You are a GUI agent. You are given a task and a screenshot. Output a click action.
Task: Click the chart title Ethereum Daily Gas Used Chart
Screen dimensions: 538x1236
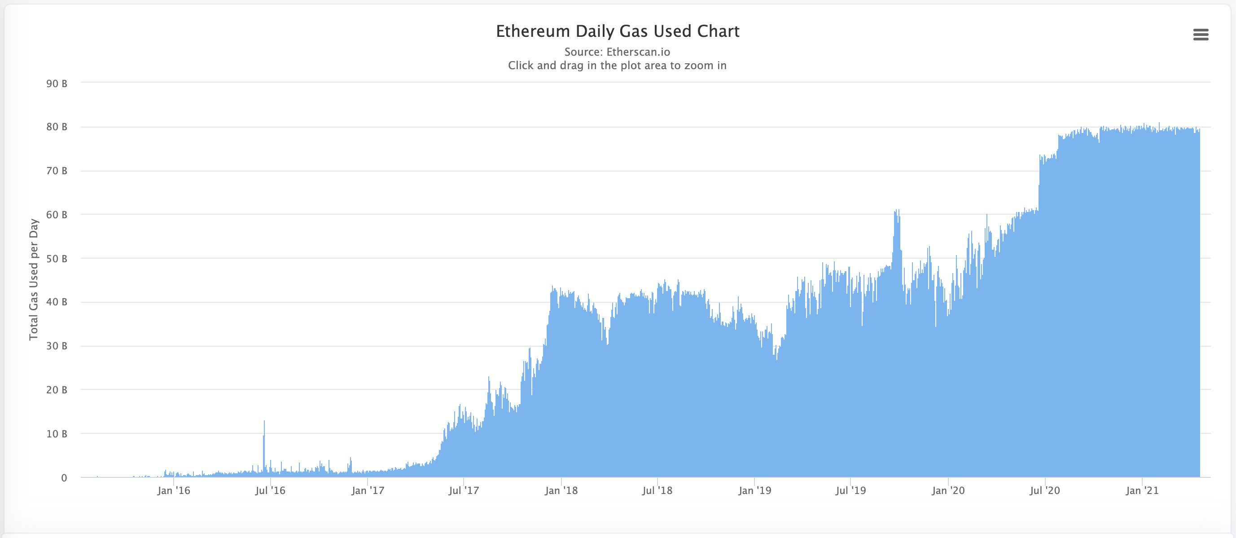(618, 31)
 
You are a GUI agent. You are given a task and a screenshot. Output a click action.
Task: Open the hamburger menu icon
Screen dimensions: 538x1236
(1201, 35)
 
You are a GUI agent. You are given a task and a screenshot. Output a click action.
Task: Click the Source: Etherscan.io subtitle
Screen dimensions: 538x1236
(617, 52)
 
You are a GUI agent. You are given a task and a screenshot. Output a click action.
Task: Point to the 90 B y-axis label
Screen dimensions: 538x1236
(57, 84)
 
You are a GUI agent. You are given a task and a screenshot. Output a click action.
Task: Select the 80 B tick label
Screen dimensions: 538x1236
(57, 127)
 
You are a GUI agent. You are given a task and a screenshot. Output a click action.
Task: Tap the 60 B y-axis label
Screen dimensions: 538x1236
(57, 215)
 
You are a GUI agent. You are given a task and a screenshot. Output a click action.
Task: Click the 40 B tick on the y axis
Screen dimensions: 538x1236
(57, 302)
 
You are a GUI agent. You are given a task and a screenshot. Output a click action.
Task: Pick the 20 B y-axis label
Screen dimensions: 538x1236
(57, 390)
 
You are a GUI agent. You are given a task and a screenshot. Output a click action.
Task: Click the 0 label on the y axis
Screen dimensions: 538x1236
(64, 477)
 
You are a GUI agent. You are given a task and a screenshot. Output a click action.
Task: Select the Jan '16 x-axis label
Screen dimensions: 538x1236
(174, 490)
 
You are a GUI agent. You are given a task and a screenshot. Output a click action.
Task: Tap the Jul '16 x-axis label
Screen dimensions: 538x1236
(270, 490)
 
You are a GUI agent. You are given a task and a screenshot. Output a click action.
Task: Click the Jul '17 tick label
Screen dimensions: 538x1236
(464, 490)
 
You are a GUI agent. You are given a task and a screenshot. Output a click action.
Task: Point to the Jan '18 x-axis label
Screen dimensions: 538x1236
(561, 490)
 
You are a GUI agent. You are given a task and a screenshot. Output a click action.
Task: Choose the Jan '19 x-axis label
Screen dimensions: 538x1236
(755, 490)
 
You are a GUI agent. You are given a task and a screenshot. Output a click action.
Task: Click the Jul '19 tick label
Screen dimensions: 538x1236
(851, 490)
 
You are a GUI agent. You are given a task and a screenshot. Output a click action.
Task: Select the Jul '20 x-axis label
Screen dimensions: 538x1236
(1044, 490)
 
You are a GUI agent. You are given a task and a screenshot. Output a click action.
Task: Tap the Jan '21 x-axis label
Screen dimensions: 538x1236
(1142, 490)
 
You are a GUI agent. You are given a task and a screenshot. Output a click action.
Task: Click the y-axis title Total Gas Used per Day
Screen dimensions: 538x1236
(34, 279)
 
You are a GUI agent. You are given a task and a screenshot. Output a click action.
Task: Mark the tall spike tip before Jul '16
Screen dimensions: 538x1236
(264, 421)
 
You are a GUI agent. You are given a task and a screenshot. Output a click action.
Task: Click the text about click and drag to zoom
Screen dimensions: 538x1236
(617, 65)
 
